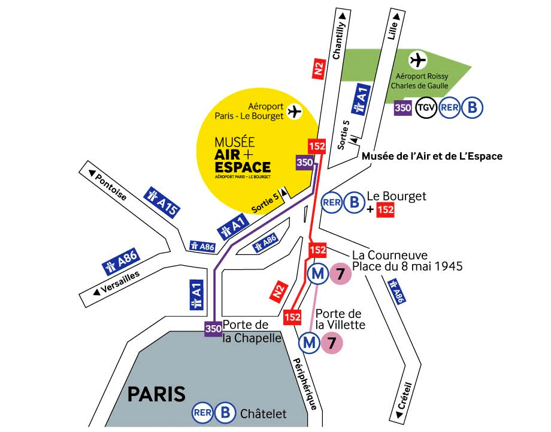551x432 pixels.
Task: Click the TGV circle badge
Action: (x=426, y=108)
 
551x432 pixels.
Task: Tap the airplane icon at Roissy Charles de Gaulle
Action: (x=417, y=60)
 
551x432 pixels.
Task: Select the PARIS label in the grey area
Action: (x=156, y=394)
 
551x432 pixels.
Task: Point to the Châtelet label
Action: (x=264, y=413)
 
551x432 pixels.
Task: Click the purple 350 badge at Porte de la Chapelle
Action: (x=213, y=329)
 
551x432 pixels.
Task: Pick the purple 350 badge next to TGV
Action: (x=402, y=108)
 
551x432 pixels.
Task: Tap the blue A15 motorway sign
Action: (x=162, y=202)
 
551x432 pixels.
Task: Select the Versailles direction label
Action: (x=116, y=283)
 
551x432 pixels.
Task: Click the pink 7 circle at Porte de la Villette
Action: (x=332, y=343)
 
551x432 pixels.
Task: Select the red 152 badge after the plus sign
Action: (x=385, y=211)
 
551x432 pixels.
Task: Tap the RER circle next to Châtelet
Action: (x=202, y=413)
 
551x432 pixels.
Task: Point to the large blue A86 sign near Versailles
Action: (x=122, y=263)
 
